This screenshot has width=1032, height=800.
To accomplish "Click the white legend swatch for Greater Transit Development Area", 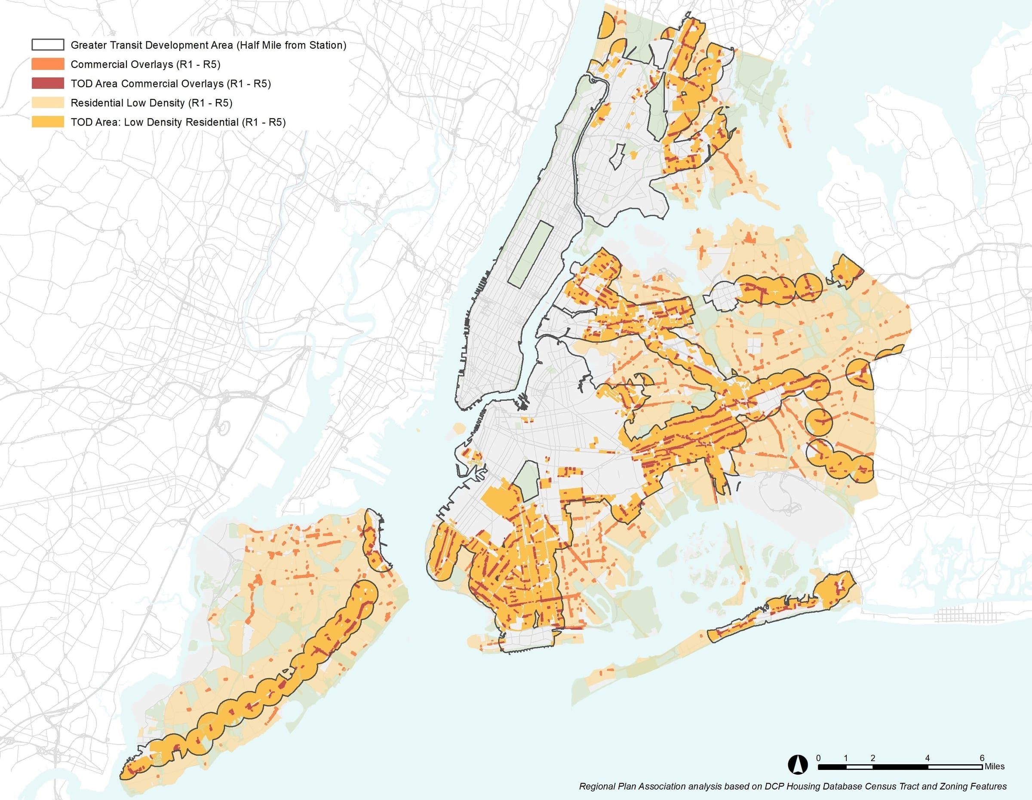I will [x=48, y=45].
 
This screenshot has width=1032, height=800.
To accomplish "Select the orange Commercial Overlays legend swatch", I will [x=48, y=64].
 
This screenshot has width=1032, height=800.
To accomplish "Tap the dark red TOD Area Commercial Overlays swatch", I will [x=48, y=83].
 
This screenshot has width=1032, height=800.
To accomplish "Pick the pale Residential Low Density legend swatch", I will [x=48, y=102].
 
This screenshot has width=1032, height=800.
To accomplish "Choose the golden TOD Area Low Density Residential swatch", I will [x=48, y=122].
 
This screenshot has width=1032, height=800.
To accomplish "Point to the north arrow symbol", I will [x=798, y=765].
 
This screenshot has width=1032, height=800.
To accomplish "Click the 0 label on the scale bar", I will [x=818, y=758].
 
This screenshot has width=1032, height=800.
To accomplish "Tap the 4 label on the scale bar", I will [x=927, y=758].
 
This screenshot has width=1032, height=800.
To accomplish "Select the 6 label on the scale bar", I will [x=982, y=758].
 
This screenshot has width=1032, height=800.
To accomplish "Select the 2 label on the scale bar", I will [x=873, y=758].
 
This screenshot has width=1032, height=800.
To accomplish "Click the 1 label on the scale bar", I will [x=846, y=758].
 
